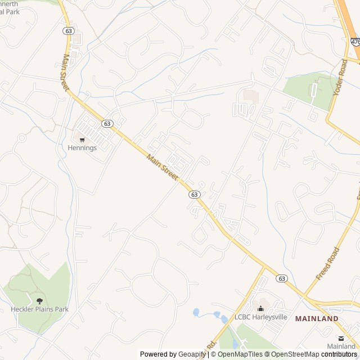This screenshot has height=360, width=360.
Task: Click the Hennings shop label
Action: coord(82,148)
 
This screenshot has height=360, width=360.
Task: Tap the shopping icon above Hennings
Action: coord(82,139)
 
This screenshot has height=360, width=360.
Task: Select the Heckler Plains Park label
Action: coord(39,309)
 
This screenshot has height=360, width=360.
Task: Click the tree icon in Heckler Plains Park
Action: coord(39,301)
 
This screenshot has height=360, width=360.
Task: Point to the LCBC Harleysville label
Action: coord(260,317)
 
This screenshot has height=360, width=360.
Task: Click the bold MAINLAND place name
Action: coord(317,319)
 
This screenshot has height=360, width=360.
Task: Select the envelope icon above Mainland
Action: coord(341,337)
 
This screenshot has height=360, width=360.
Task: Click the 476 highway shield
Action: coord(355,42)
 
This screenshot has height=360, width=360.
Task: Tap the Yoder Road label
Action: coord(341,77)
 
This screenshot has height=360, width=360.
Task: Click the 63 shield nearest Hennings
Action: coord(107,123)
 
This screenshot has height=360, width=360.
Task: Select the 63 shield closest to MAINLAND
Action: coord(282,278)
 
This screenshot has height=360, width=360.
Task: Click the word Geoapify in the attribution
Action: coord(192,354)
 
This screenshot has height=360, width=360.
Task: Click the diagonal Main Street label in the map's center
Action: coord(162,167)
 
